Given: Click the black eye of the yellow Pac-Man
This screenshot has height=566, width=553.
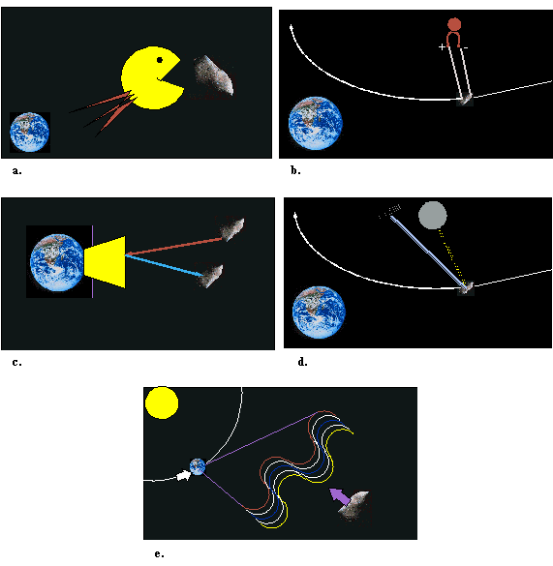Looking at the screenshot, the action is click(160, 60).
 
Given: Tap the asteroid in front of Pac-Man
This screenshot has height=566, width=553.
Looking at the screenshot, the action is click(214, 75).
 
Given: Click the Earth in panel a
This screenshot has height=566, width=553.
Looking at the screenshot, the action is click(30, 133).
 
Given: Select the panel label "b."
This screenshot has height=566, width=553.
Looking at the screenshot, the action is click(295, 170).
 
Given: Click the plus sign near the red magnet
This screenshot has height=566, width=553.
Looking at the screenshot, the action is click(442, 47).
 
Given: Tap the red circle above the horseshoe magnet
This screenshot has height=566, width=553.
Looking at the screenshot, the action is click(454, 24).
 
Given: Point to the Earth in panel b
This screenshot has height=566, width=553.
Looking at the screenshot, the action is click(316, 123).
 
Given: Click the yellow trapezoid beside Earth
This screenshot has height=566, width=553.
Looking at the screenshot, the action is click(105, 262).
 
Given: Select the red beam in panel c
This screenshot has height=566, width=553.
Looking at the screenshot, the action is click(173, 247).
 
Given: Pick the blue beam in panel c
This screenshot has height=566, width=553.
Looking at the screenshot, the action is click(164, 266).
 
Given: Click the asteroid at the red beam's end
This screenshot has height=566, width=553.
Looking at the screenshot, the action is click(231, 229).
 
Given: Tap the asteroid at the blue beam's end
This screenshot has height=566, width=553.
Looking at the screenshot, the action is click(211, 276).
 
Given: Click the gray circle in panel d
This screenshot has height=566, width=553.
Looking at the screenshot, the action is click(433, 215).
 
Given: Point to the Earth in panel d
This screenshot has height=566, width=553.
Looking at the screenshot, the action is click(319, 313).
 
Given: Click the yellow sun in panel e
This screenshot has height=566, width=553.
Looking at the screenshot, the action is click(162, 402).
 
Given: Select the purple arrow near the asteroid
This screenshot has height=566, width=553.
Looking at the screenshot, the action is click(340, 496).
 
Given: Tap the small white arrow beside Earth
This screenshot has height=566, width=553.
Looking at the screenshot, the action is click(184, 476).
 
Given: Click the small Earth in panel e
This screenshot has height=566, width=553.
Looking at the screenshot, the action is click(198, 466).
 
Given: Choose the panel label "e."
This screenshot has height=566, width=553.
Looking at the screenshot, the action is click(159, 553).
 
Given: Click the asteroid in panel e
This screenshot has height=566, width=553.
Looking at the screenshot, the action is click(354, 506).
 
